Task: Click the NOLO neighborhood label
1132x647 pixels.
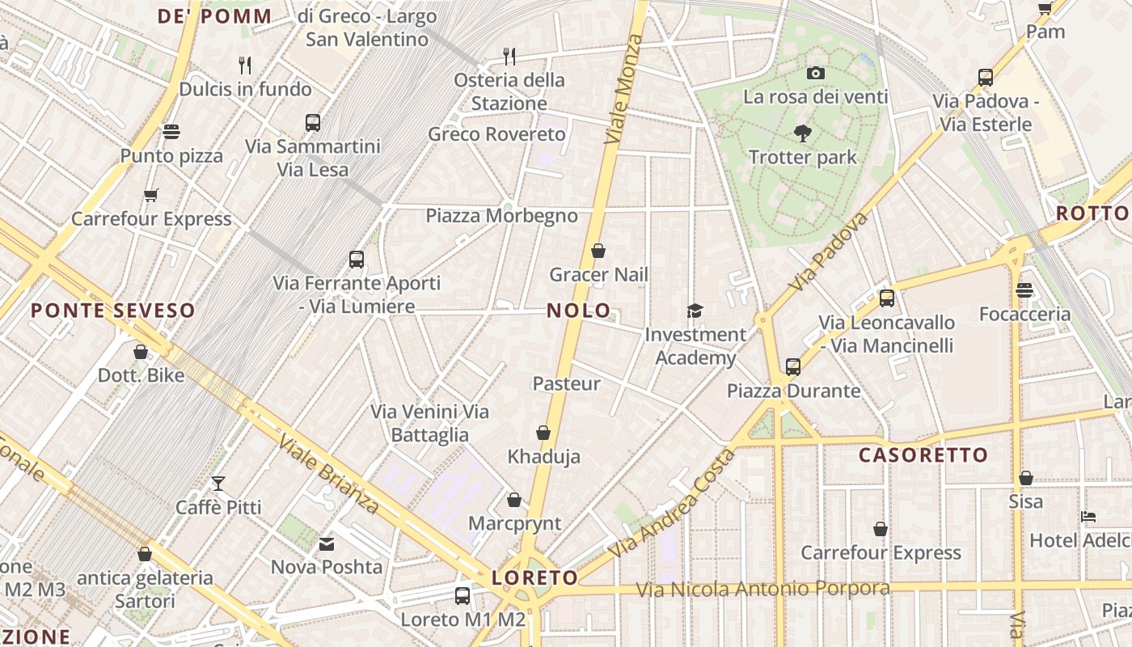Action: coord(578,311)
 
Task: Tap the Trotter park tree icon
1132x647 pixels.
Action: coord(802,134)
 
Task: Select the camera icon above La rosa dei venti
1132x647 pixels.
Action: coord(816,74)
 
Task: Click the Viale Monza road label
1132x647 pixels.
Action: coord(623,89)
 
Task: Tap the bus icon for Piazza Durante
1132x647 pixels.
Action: coord(793,367)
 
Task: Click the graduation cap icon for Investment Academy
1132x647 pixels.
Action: coord(694,311)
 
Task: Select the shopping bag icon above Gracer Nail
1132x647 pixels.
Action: coord(598,251)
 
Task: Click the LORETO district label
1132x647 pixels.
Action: coord(534,577)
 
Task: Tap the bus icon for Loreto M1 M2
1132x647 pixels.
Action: coord(463,596)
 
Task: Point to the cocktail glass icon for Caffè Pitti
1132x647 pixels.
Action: coord(218,484)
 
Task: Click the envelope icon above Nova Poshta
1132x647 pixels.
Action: coord(327,543)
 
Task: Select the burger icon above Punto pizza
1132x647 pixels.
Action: coord(171,131)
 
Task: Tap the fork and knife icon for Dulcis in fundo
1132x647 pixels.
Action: coord(246,65)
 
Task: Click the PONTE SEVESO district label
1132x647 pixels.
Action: coord(113,311)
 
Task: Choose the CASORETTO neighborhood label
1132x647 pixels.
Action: coord(923,455)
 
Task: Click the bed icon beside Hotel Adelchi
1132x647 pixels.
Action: coord(1088,517)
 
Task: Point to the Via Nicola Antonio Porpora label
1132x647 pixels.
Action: coord(762,589)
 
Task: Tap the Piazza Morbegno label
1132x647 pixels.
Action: coord(501,216)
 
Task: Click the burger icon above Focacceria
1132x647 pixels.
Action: coord(1024,290)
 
